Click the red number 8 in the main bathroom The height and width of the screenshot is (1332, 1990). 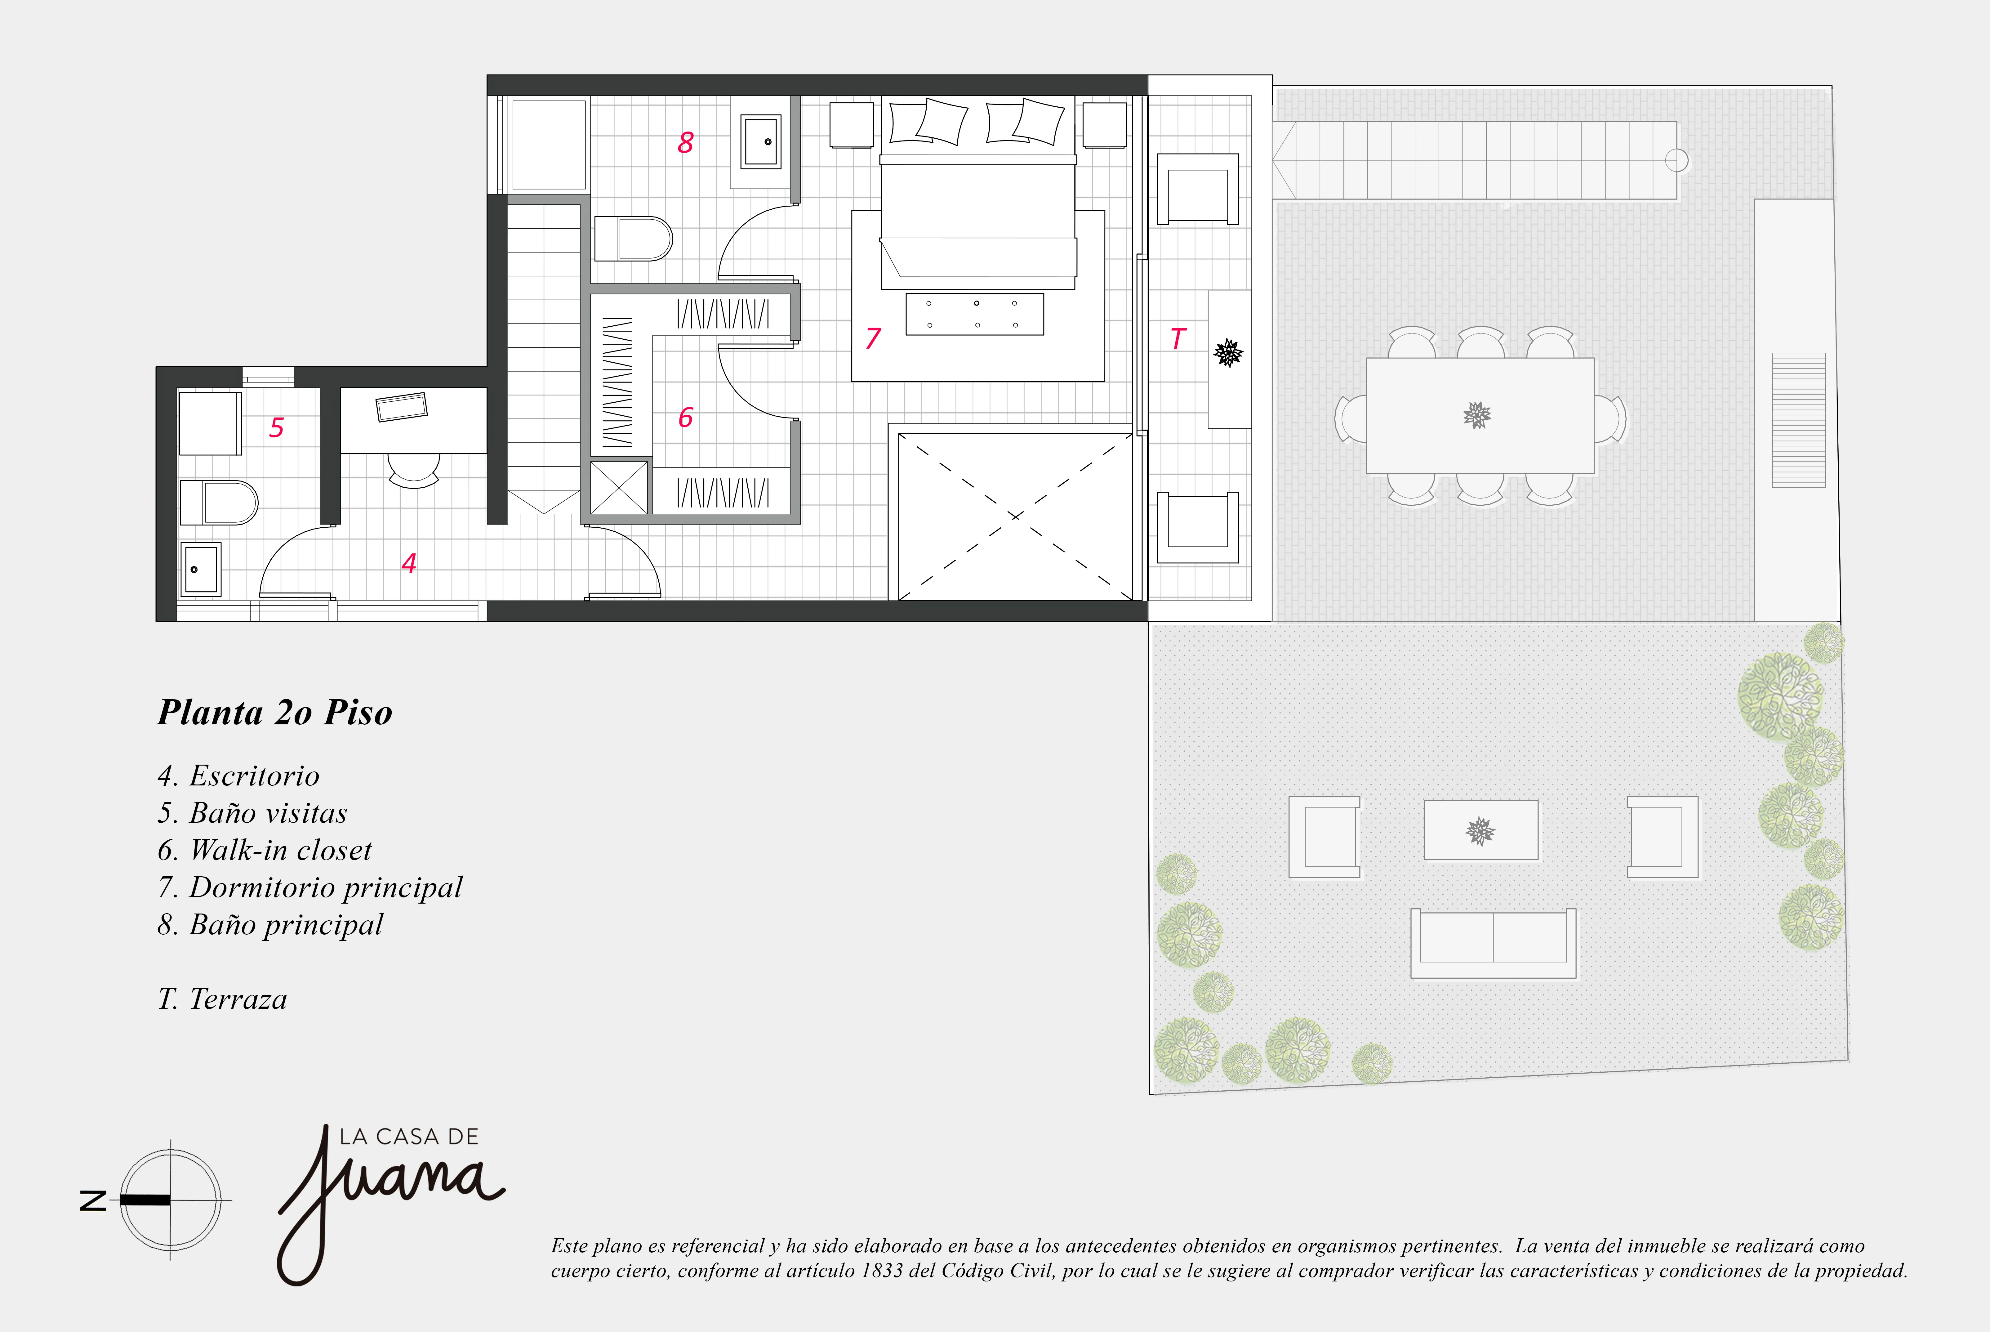click(x=685, y=143)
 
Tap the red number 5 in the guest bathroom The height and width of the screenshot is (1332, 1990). click(x=276, y=427)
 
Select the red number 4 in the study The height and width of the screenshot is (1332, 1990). click(x=408, y=563)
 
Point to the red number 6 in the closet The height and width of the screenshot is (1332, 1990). click(x=685, y=417)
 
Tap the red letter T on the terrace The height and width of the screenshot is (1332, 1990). click(x=1177, y=339)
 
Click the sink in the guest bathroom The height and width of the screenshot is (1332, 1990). click(x=200, y=568)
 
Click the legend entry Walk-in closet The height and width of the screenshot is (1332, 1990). click(x=265, y=850)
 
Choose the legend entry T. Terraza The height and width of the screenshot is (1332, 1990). click(x=223, y=999)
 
